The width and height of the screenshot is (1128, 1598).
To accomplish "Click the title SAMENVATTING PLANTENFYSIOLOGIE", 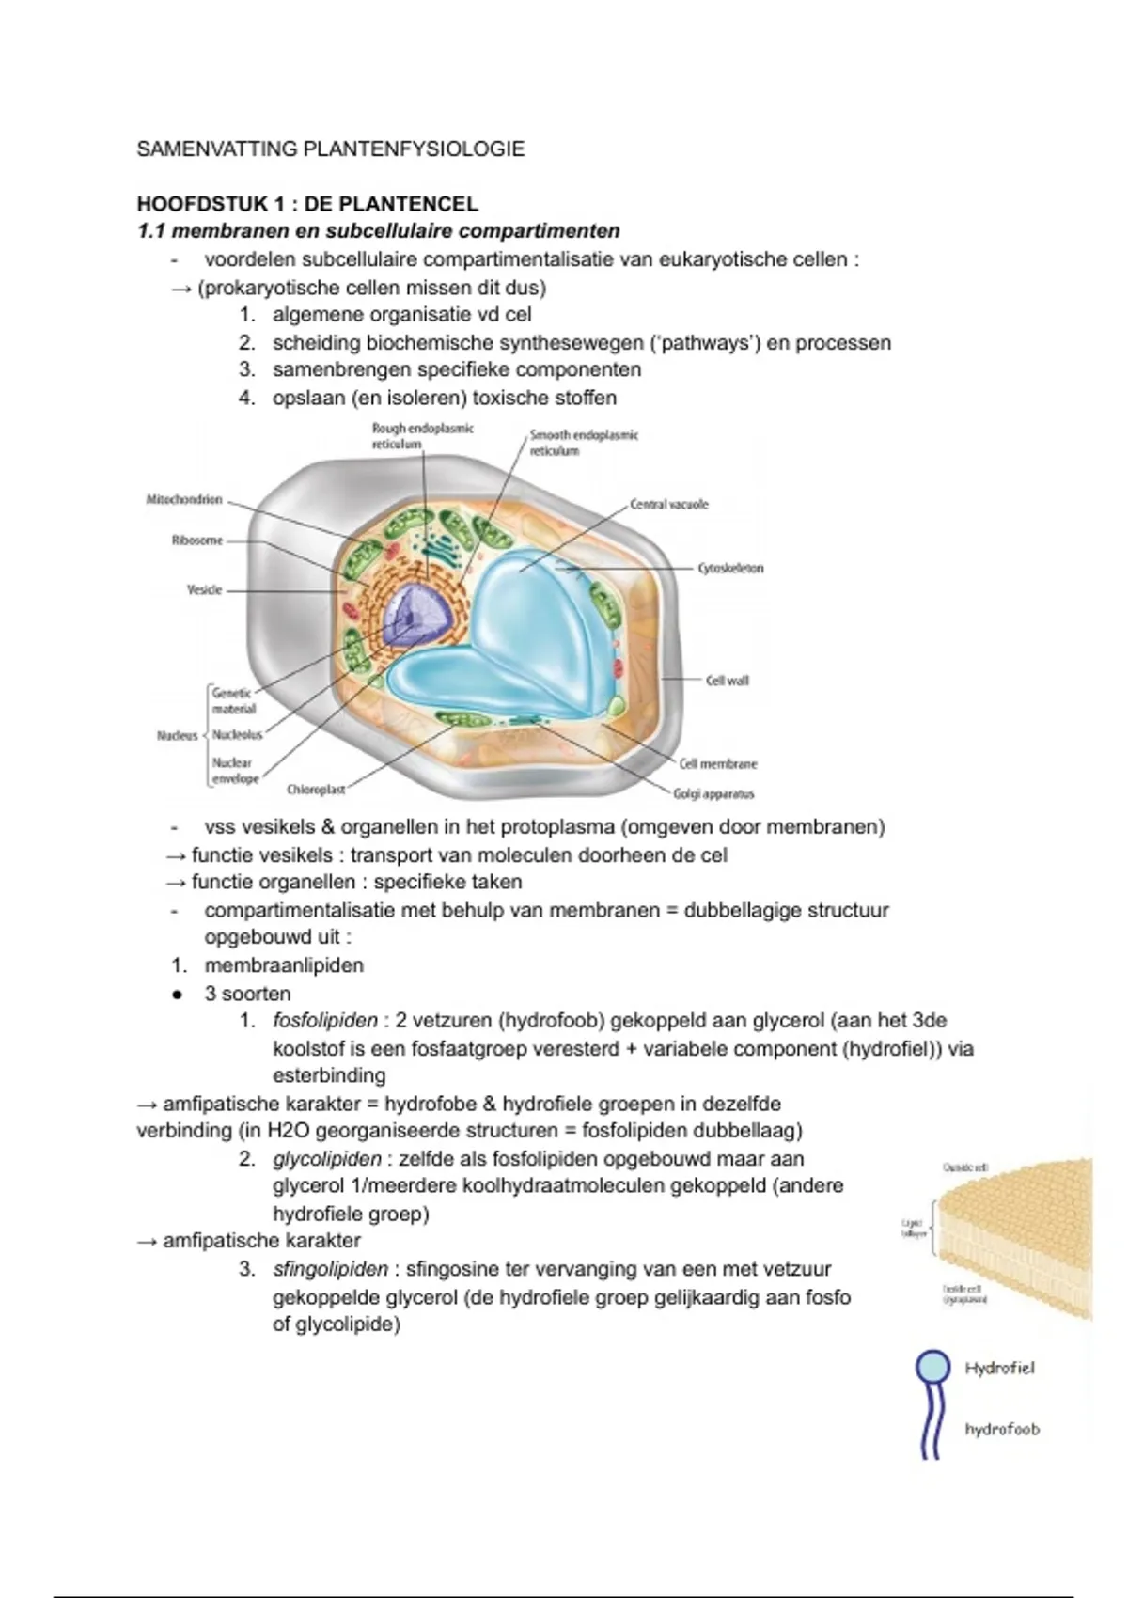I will [331, 149].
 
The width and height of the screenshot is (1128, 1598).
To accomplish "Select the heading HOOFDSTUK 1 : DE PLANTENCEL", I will [307, 204].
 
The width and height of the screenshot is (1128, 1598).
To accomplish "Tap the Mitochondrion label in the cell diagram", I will [184, 499].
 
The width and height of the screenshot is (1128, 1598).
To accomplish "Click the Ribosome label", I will [197, 540].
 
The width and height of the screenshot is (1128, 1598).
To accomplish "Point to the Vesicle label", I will [205, 589].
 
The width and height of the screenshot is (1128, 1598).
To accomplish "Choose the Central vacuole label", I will [668, 505].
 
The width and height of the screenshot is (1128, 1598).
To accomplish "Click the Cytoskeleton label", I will [730, 569].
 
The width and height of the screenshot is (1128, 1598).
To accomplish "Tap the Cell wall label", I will [727, 680].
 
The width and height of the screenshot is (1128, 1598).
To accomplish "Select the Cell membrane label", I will [717, 764].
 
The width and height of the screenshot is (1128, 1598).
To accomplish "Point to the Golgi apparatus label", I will [713, 794].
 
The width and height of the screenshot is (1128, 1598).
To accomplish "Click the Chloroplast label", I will [316, 790].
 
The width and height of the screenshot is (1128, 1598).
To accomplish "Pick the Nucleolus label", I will [238, 734].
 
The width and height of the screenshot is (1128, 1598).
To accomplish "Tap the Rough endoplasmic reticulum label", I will [422, 435].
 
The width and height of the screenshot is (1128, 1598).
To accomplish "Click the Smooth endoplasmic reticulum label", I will [584, 443].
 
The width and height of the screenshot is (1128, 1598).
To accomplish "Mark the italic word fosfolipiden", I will [325, 1020].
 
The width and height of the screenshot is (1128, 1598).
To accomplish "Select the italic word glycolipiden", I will [327, 1158].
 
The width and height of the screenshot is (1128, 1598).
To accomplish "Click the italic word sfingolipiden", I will [330, 1269].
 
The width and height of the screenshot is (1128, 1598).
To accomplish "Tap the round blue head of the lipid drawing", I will [932, 1366].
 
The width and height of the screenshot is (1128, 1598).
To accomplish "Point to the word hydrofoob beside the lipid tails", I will [1002, 1429].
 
